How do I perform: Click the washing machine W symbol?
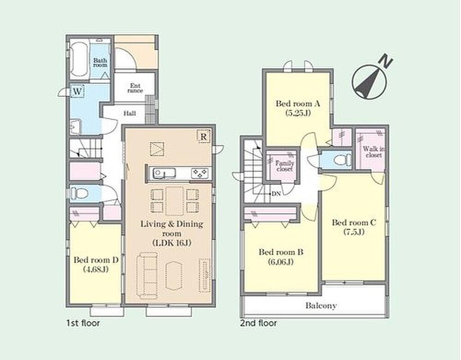tap(77, 91)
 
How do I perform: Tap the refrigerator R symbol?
tap(203, 137)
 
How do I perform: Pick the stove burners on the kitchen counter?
tap(200, 173)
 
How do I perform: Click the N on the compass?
tap(386, 61)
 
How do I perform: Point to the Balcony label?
tap(321, 305)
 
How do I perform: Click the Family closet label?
tap(285, 166)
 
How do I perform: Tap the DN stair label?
tap(276, 194)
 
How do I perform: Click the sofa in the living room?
tap(147, 275)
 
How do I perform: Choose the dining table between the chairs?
tap(175, 201)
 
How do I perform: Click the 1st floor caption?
tap(83, 323)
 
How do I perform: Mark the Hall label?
tap(130, 113)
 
